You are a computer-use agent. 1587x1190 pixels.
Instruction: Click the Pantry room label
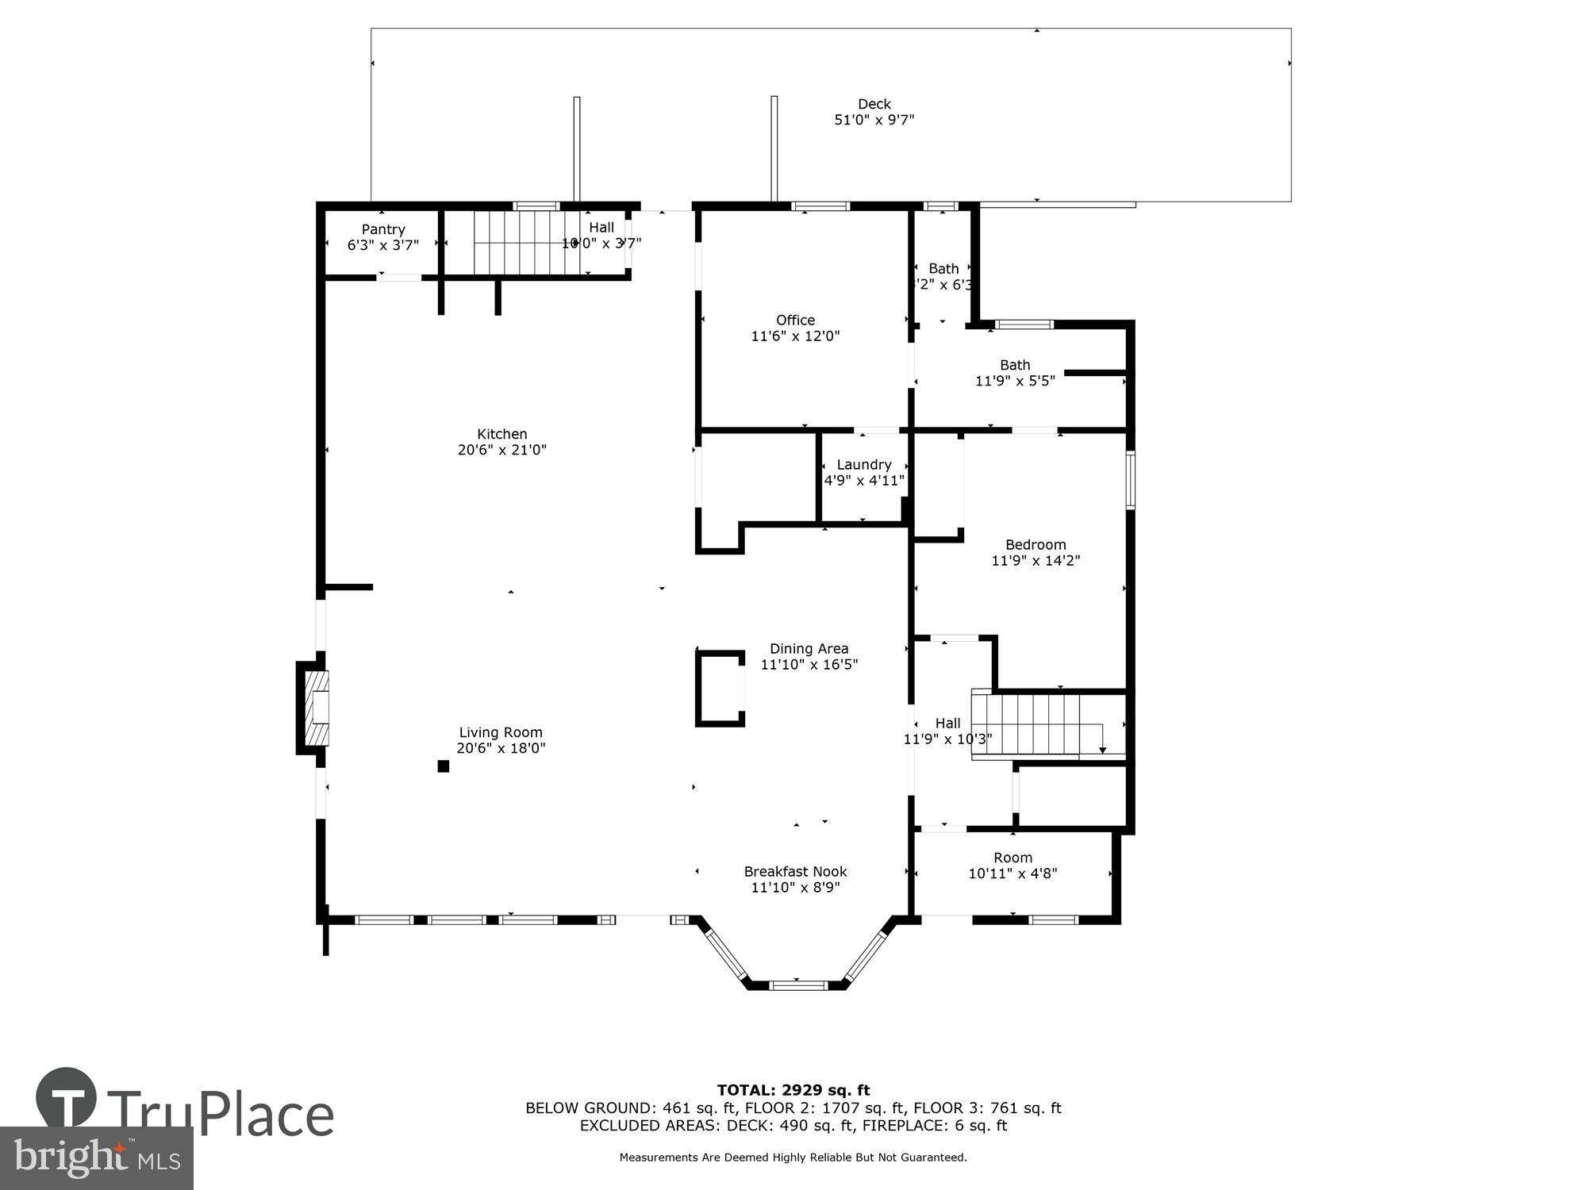pos(382,229)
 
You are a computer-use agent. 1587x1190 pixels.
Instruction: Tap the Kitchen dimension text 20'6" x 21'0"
pos(501,450)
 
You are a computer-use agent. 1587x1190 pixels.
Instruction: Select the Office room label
pos(795,320)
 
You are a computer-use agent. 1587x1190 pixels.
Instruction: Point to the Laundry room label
pos(863,464)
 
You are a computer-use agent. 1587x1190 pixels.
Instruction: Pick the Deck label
pos(874,104)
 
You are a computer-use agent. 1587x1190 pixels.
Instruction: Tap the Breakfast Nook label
pos(795,871)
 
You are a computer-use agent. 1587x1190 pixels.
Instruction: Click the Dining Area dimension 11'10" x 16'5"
pos(809,665)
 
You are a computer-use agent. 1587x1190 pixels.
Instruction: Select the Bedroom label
pos(1035,544)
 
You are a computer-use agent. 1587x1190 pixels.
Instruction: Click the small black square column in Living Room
pos(444,766)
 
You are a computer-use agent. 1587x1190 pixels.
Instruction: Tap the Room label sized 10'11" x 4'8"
pos(1013,858)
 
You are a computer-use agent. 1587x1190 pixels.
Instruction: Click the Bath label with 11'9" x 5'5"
pos(1014,365)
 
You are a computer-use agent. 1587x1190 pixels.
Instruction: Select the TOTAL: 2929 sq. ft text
pos(793,1090)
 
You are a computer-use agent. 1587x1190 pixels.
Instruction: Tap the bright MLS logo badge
pos(96,1158)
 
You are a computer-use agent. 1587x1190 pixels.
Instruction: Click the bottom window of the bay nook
pos(797,985)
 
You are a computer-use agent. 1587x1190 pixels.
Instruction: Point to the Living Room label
pos(500,732)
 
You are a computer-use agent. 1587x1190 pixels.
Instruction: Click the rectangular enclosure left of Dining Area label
pos(720,688)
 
